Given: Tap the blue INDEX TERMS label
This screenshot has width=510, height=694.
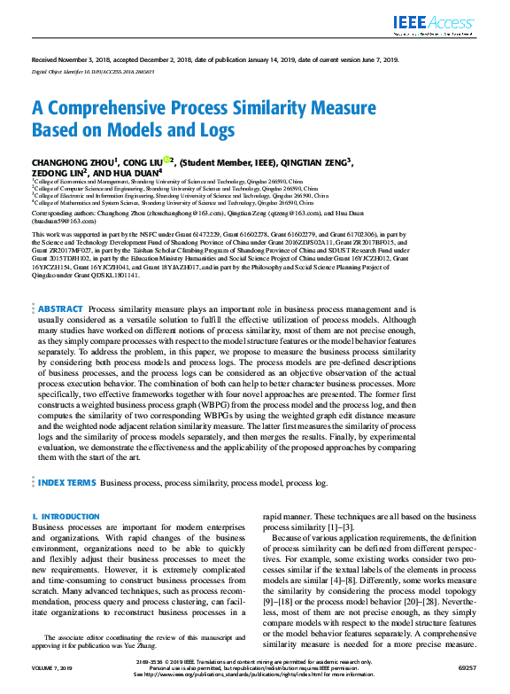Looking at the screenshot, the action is [67, 483].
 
